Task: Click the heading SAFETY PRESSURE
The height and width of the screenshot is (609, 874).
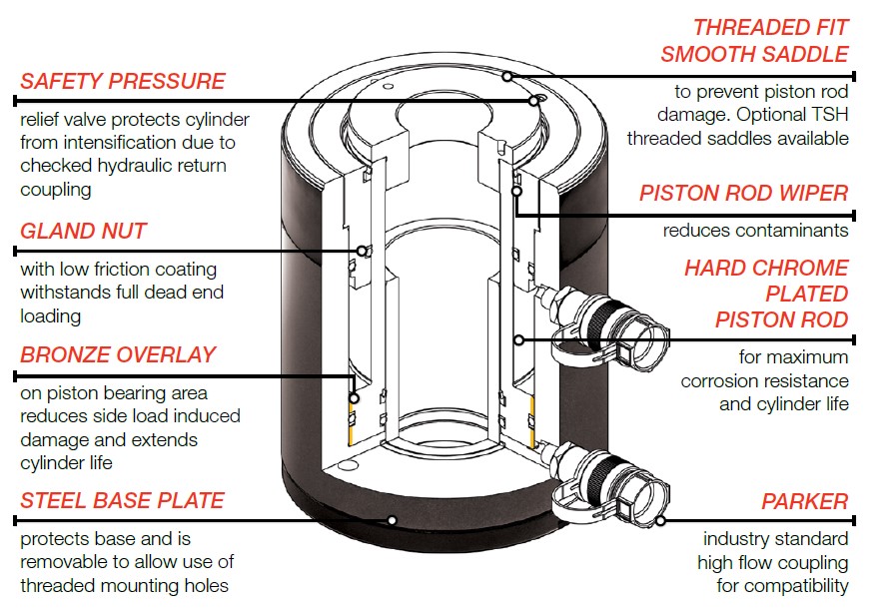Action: tap(123, 81)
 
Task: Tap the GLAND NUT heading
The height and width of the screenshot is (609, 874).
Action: tap(83, 231)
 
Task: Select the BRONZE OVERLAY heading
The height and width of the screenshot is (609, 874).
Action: tap(118, 355)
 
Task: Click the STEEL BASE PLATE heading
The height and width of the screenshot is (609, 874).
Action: tap(122, 501)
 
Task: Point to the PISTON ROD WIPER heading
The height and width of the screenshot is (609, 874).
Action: tap(743, 194)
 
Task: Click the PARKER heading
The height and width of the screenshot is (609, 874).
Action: tap(805, 501)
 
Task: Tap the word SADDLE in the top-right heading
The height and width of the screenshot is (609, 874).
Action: tap(805, 55)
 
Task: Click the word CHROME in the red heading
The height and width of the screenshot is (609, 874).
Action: tap(801, 268)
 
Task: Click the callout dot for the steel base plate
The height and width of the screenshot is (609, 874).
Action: tap(392, 520)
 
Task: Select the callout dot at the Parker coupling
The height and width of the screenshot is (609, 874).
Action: tap(660, 521)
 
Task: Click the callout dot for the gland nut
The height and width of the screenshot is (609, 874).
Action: tap(362, 252)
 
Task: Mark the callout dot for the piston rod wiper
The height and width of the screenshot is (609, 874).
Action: tap(516, 191)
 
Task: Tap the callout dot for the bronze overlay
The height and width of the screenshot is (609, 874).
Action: tap(354, 398)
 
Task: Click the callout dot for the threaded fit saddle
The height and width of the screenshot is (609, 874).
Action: tap(507, 76)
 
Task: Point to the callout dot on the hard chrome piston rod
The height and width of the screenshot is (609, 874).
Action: tap(519, 339)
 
